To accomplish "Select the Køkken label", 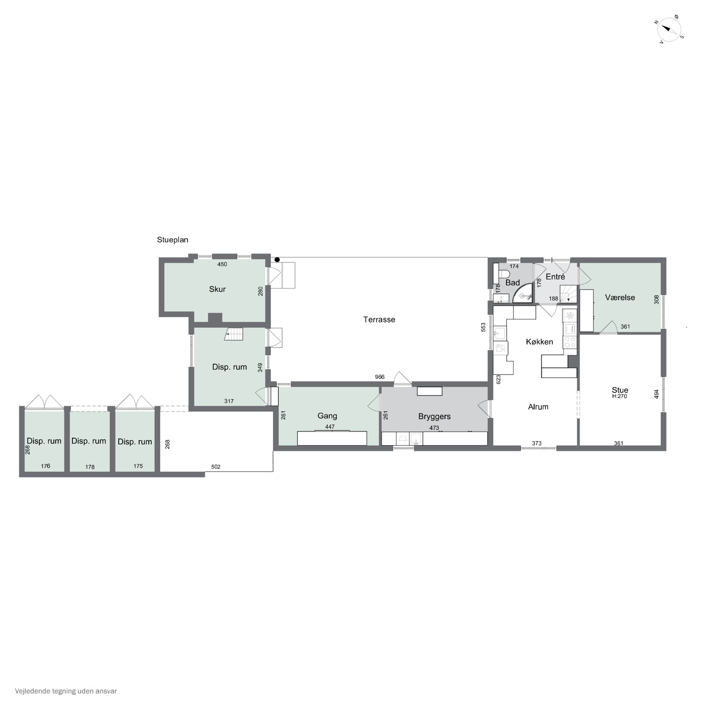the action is [539, 342].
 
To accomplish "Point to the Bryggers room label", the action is [434, 417].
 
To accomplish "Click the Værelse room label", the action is [620, 297].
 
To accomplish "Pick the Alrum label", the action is [538, 407].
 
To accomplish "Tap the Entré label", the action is [555, 277].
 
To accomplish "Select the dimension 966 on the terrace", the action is [380, 377].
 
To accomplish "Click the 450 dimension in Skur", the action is [222, 264].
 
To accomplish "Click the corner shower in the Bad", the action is [522, 294].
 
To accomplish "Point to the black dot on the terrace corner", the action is [277, 260].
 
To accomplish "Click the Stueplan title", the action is [172, 240].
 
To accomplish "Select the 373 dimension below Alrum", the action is [537, 443].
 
